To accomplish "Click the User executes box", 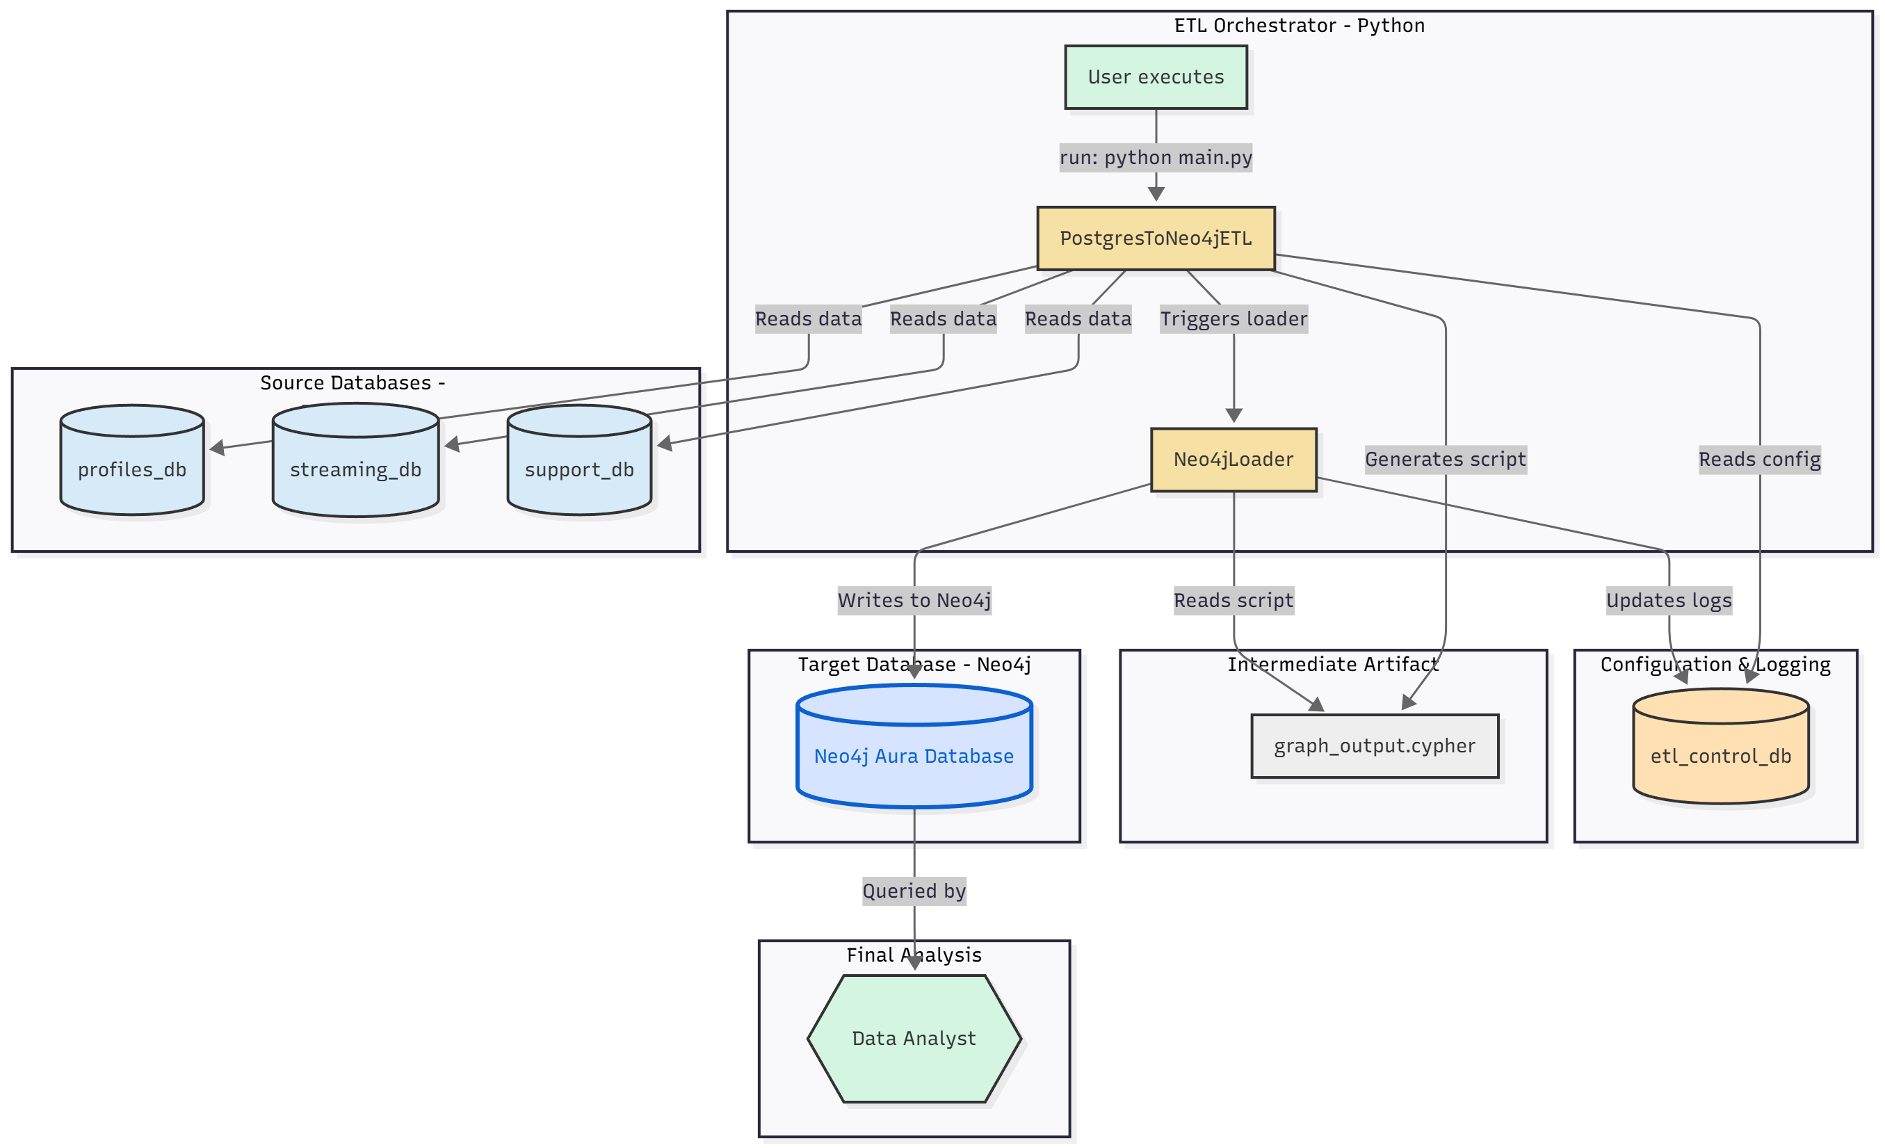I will click(x=1155, y=77).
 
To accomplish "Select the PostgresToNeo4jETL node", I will click(x=1155, y=238).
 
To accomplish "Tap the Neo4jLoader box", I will click(x=1233, y=460).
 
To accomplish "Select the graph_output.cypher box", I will click(x=1374, y=745).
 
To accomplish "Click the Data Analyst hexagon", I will click(x=914, y=1038).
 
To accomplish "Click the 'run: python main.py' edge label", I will click(x=1155, y=158).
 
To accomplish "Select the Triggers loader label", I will click(x=1233, y=319).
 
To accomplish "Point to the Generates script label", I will click(x=1445, y=460).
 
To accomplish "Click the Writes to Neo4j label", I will click(x=914, y=600).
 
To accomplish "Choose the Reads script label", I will click(x=1233, y=600).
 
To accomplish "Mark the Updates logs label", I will click(x=1668, y=600).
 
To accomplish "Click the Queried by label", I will click(x=914, y=891).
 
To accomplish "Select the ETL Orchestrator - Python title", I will click(x=1299, y=25).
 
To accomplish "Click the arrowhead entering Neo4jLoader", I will click(x=1233, y=415).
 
